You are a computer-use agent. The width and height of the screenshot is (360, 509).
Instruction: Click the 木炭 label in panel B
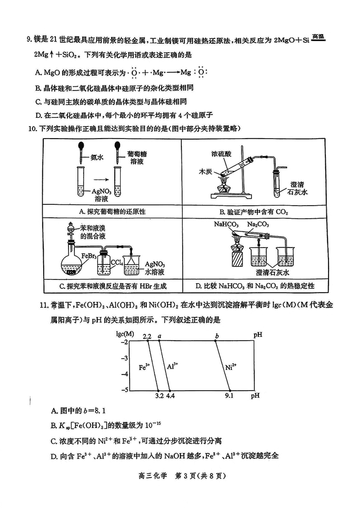coord(206,172)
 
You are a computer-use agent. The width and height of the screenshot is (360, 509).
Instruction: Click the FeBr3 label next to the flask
coord(88,257)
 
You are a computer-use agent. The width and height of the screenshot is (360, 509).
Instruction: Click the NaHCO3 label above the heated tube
coord(226,224)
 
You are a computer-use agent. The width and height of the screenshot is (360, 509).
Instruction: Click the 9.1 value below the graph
coord(229,396)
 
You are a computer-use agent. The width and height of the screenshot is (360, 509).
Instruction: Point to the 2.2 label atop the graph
coord(146,336)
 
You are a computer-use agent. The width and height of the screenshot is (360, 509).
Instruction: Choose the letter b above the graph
coord(217,336)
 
